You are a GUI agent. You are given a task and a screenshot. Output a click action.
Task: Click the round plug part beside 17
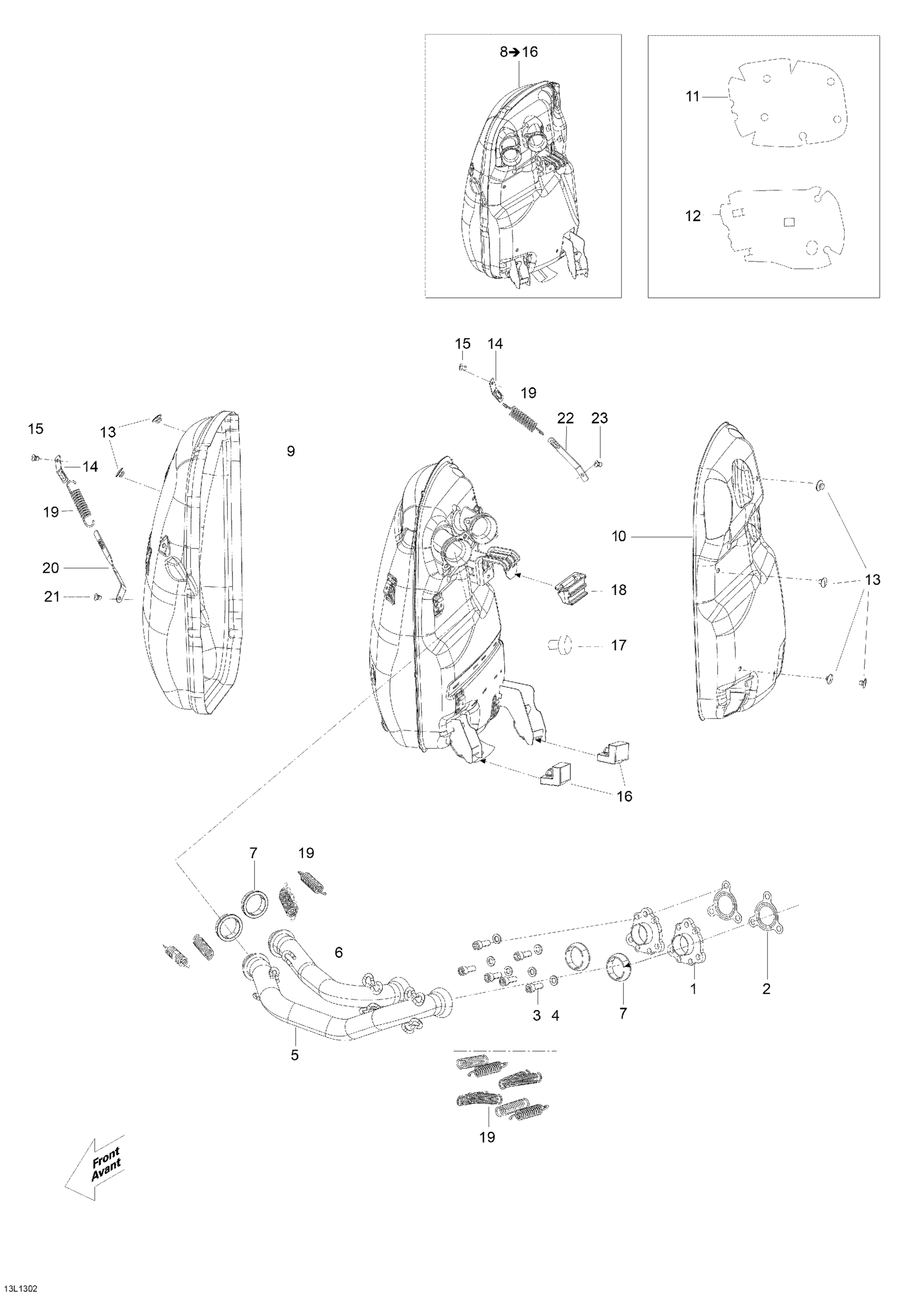pyautogui.click(x=560, y=645)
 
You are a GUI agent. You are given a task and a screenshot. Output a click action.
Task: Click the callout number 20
pyautogui.click(x=51, y=568)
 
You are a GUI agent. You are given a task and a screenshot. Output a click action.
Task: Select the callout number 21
pyautogui.click(x=52, y=596)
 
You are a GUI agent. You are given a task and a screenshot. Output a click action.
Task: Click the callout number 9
pyautogui.click(x=291, y=451)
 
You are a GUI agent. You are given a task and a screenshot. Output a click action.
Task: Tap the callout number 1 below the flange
pyautogui.click(x=694, y=989)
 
